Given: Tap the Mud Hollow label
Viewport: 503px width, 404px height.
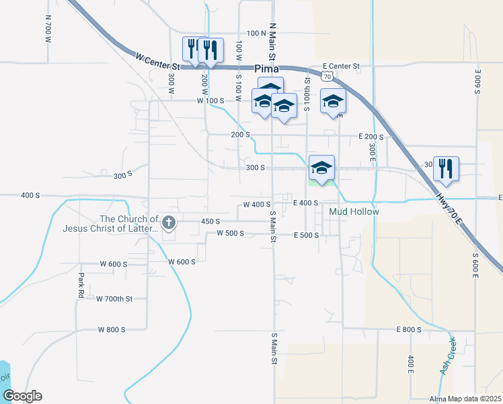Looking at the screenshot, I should click(x=354, y=211).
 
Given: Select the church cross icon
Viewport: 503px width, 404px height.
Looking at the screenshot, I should click(x=168, y=222).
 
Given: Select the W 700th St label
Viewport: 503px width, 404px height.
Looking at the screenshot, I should click(x=114, y=298).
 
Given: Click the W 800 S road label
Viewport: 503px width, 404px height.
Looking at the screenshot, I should click(x=112, y=329).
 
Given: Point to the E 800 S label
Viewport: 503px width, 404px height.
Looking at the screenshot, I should click(x=408, y=329).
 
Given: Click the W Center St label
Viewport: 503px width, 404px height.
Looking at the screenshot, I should click(x=158, y=62).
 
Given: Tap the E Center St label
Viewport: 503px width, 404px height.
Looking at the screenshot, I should click(x=342, y=67).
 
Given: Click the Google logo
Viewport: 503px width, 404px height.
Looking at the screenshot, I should click(x=22, y=396).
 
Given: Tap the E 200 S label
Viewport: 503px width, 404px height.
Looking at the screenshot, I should click(x=371, y=136).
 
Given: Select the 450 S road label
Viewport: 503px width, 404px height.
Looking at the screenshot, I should click(x=210, y=221).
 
